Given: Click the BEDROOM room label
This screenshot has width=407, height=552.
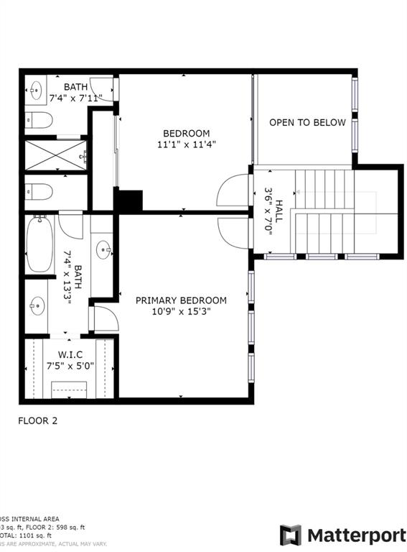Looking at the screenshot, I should tap(186, 133).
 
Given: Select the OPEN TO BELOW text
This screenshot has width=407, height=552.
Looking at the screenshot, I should tap(307, 122).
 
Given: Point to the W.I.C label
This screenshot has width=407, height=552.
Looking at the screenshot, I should tap(70, 354).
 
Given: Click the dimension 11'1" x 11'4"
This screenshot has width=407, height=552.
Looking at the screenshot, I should tap(186, 144).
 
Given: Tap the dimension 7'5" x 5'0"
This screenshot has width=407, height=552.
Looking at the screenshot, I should tap(70, 365).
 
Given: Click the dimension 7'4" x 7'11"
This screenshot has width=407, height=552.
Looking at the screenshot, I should tap(75, 97).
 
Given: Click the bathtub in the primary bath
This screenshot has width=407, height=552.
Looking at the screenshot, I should tap(37, 244).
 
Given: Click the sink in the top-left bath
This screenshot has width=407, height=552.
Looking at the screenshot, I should tap(36, 90).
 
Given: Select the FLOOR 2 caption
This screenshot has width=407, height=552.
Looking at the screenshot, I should tap(37, 421).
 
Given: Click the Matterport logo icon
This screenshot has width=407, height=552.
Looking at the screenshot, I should tap(290, 535).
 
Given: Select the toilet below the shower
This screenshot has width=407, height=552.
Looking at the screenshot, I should tap(39, 192).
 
